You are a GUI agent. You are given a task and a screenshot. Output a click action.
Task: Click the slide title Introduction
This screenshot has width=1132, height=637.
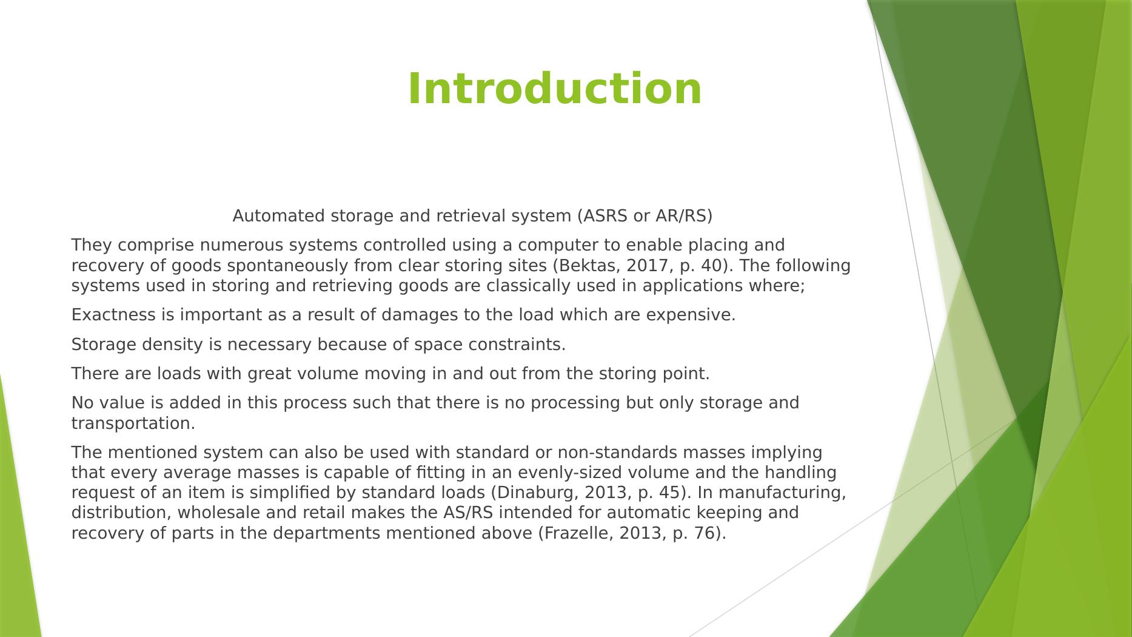coord(554,89)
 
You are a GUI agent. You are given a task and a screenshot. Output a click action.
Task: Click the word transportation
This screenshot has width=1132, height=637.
coord(133,423)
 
